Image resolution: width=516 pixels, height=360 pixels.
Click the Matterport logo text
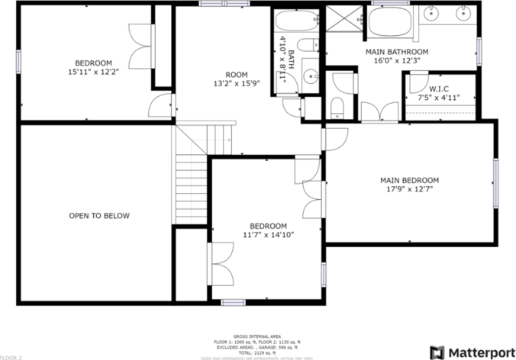pyautogui.click(x=482, y=352)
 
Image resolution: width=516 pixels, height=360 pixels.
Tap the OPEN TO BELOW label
pyautogui.click(x=99, y=216)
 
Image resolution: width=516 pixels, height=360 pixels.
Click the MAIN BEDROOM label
pyautogui.click(x=409, y=181)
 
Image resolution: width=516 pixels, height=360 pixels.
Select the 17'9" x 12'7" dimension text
pyautogui.click(x=409, y=190)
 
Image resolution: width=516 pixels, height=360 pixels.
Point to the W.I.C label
pyautogui.click(x=438, y=89)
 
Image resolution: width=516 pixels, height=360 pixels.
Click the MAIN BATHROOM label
pyautogui.click(x=397, y=52)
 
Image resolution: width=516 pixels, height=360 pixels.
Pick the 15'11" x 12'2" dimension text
pyautogui.click(x=93, y=72)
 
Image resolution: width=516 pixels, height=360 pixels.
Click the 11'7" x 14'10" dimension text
pyautogui.click(x=269, y=235)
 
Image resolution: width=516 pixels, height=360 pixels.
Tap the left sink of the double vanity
pyautogui.click(x=434, y=13)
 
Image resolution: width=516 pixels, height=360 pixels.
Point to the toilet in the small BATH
pyautogui.click(x=308, y=46)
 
